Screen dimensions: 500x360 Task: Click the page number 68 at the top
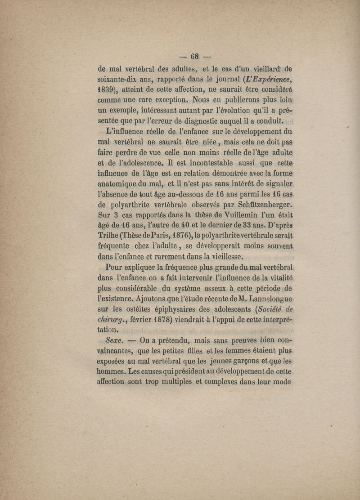(x=195, y=57)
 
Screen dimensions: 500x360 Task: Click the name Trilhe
(x=109, y=236)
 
